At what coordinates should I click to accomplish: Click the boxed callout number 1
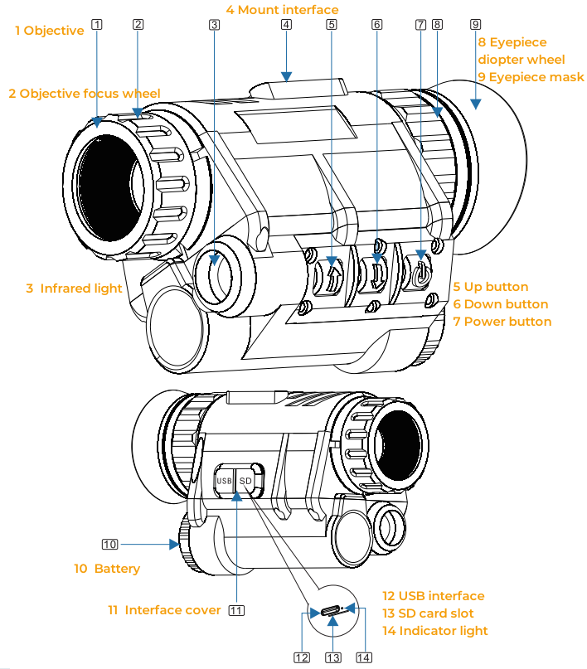(x=98, y=24)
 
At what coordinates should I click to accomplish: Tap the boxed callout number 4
(x=286, y=24)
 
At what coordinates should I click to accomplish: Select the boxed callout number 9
(x=475, y=24)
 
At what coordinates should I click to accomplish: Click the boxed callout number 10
(x=110, y=545)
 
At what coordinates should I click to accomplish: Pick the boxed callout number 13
(x=333, y=657)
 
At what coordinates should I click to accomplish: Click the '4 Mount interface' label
(x=282, y=10)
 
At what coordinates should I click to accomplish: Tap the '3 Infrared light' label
(x=74, y=288)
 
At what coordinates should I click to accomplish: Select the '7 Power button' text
(x=502, y=322)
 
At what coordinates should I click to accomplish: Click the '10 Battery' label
(x=107, y=569)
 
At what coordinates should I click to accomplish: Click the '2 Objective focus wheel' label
(x=85, y=94)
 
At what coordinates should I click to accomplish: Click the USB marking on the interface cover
(x=224, y=481)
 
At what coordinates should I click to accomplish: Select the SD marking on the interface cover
(x=245, y=481)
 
